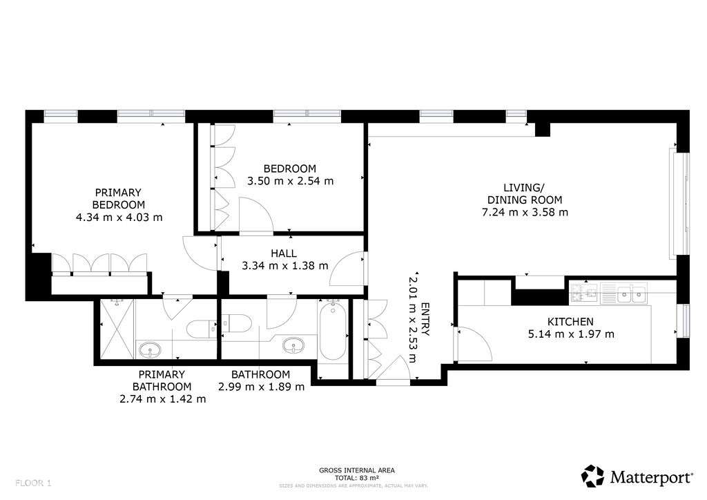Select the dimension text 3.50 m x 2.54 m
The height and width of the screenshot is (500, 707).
[x=290, y=182]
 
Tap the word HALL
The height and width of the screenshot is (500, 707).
[x=284, y=253]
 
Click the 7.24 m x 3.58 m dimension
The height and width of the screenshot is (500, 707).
[x=525, y=212]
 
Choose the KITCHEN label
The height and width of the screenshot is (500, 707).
[x=570, y=322]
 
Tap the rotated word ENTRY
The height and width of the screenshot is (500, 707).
[x=425, y=320]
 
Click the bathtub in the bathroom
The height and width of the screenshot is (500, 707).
[x=333, y=331]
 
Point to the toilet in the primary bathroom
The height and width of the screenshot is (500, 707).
[x=203, y=329]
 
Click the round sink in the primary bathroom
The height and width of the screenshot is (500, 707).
[x=150, y=350]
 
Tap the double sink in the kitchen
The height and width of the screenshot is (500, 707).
[x=632, y=294]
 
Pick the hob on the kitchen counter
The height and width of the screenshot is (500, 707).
[x=583, y=294]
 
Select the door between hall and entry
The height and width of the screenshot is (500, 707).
[x=349, y=271]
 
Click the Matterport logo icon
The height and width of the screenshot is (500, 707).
[x=592, y=476]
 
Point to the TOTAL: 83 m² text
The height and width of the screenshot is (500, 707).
[x=357, y=478]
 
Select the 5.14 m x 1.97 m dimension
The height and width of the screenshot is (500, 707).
[x=570, y=334]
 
